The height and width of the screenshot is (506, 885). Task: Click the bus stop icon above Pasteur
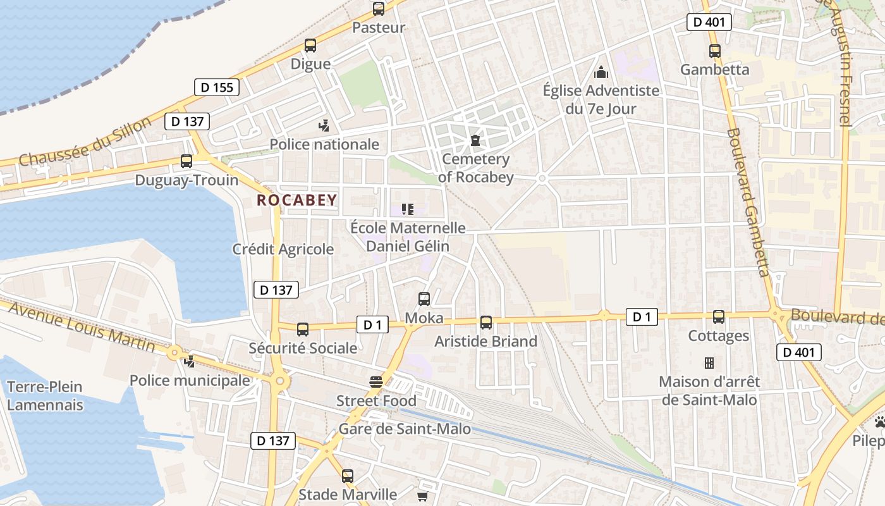click(379, 9)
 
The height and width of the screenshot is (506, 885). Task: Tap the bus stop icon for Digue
click(310, 46)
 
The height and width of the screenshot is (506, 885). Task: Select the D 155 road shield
click(217, 87)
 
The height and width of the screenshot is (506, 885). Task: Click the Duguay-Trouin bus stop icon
click(186, 161)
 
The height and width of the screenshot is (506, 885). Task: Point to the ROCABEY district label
click(297, 201)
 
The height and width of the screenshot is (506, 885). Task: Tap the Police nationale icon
click(324, 126)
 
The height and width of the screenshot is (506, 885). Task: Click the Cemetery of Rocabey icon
click(475, 140)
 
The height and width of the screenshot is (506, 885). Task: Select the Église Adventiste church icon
click(601, 72)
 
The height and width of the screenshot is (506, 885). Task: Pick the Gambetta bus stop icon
click(715, 51)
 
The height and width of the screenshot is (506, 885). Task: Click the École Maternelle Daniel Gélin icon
click(408, 209)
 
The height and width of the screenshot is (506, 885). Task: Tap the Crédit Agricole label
click(283, 249)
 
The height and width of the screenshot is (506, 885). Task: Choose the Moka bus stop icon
click(424, 299)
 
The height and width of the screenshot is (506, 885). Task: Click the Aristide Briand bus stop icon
click(486, 323)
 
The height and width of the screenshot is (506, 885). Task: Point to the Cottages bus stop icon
click(719, 317)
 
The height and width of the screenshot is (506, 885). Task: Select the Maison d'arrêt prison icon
click(709, 363)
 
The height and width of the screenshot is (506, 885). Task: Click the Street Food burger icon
click(376, 382)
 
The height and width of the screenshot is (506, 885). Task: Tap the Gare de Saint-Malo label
click(405, 429)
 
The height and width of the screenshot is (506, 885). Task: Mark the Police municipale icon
click(189, 362)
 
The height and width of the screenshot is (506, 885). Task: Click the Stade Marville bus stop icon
click(348, 476)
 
